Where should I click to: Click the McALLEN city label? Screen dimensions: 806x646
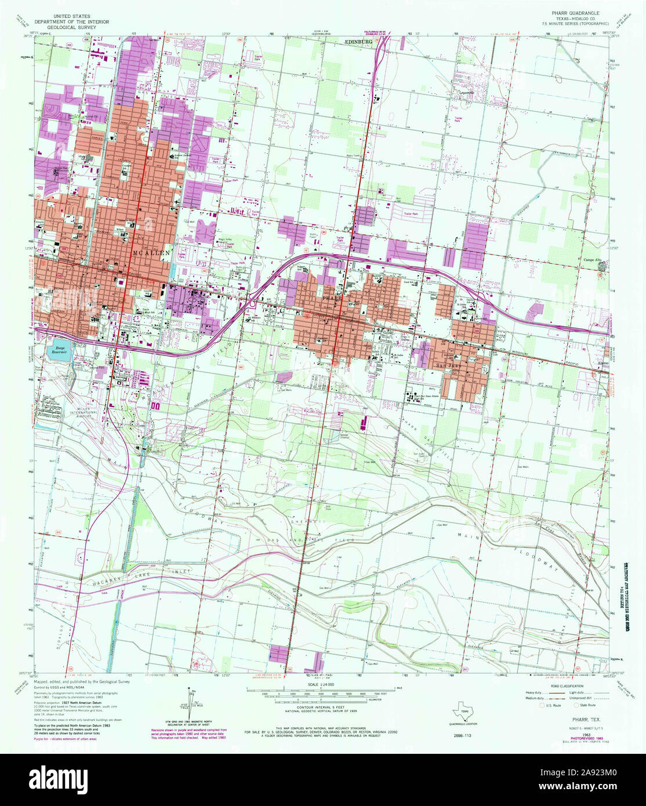tap(152, 253)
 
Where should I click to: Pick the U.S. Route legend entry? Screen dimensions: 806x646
tap(551, 706)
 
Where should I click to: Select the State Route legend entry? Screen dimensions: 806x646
tap(588, 706)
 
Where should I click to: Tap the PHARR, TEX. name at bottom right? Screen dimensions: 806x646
tap(576, 718)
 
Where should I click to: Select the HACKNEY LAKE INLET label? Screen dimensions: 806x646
tap(139, 575)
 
